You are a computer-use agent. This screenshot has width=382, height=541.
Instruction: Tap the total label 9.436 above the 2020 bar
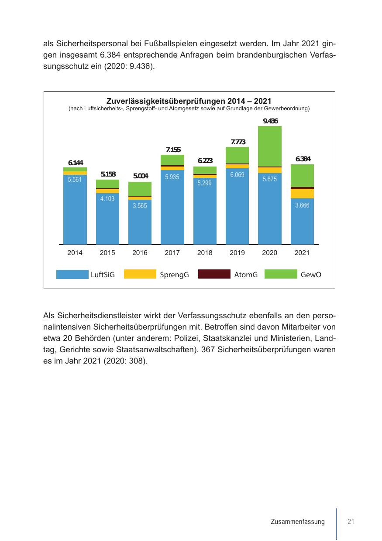coord(270,121)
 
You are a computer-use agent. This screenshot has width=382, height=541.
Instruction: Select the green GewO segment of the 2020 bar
coord(270,146)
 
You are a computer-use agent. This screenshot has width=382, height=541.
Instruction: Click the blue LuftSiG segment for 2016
coord(140,222)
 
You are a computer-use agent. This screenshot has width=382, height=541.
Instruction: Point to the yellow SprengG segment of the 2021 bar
coord(302,194)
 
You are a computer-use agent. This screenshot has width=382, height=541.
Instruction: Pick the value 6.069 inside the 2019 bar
coord(237,174)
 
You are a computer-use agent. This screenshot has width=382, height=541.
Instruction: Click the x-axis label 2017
coord(172,253)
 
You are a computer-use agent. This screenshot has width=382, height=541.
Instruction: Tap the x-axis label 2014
coord(75,253)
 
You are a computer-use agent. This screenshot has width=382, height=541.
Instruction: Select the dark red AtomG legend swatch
coord(214,274)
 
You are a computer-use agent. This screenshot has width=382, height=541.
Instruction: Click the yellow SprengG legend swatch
coord(140,274)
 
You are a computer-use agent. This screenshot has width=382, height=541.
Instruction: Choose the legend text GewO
coord(311,275)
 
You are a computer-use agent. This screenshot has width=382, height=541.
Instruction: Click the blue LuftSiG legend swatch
coord(72,274)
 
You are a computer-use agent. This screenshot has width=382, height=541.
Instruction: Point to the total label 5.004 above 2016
coord(141,176)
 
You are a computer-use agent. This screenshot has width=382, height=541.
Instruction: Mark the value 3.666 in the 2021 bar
coord(302,205)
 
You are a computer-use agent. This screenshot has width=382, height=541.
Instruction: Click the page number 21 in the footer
coord(351,522)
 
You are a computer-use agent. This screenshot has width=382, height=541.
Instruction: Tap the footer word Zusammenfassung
coord(298,522)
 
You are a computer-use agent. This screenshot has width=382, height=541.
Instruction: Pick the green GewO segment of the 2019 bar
coord(237,155)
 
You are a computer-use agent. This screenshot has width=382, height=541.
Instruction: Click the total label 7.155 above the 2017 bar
coord(173,150)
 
